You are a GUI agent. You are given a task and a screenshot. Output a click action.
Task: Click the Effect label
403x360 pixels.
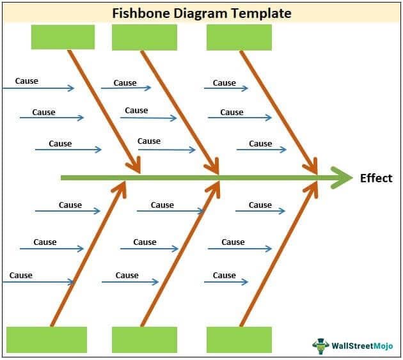point(375,178)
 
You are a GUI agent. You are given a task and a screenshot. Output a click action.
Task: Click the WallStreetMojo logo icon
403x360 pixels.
point(320,345)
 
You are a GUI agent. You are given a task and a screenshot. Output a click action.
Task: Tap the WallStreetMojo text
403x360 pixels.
point(363,346)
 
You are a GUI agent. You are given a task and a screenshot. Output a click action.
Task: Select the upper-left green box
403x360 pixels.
point(63,37)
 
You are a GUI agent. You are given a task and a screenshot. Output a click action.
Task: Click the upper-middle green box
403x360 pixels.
point(145,38)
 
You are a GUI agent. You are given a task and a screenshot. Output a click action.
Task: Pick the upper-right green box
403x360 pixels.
point(239,38)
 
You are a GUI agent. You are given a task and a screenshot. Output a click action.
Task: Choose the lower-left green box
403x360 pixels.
point(47,340)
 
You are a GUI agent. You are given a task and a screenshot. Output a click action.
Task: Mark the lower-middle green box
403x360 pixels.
point(145,340)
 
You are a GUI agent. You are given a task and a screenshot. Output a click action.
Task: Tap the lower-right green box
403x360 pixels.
point(239,340)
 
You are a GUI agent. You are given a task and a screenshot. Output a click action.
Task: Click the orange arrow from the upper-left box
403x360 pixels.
point(102,109)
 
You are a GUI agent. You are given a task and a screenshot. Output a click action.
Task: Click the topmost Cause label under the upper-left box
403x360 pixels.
point(26,81)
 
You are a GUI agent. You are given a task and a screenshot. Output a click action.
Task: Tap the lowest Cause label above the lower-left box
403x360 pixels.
point(20,276)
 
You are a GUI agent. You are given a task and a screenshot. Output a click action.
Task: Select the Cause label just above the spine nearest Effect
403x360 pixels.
point(260,144)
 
